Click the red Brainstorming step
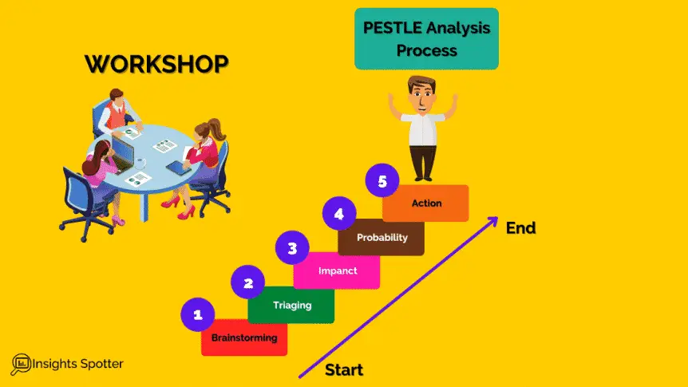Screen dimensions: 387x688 coord(244,338)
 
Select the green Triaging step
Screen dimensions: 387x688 coord(291,306)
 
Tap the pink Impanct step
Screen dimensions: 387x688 coord(337,271)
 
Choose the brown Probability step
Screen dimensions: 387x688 coord(382,238)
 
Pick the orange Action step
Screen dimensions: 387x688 coord(426,203)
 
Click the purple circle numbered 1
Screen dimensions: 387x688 coord(198,314)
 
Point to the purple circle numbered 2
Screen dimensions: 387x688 coord(248,282)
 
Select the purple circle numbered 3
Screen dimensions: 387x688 coord(292,248)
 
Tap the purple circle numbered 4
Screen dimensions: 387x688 coord(339,214)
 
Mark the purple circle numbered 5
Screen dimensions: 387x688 coord(382,182)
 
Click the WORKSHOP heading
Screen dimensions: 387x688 coord(156,64)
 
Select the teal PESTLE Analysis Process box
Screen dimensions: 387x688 coord(427,39)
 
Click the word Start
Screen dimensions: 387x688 coord(344,370)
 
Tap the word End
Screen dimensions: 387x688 coord(520,228)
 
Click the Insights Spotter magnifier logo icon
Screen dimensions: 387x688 coord(22,365)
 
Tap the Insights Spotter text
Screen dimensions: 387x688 coord(78,365)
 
